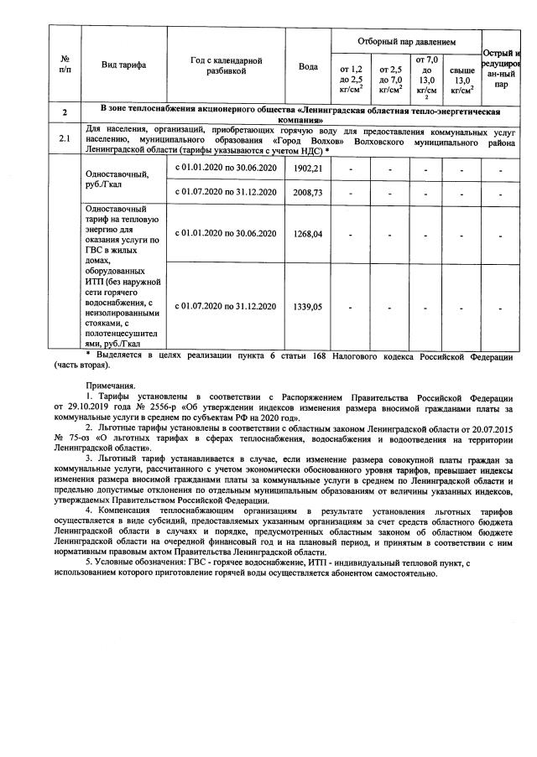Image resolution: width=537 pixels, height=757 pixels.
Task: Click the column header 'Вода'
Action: pos(308,66)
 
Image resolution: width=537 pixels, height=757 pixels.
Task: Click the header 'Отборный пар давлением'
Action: pos(405,40)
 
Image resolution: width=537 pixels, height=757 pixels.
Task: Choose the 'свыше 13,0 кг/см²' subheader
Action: pos(461,80)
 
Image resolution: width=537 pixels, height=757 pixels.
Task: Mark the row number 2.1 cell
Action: pos(65,137)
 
